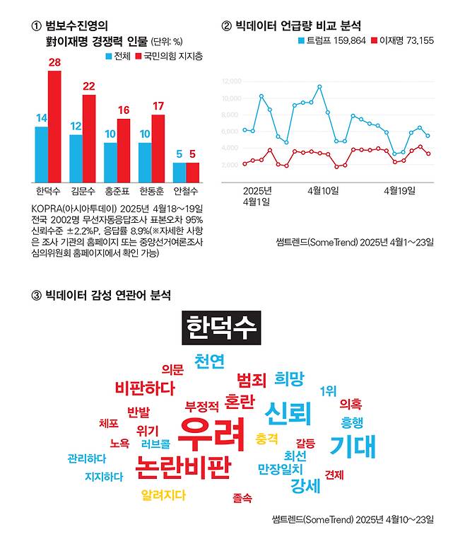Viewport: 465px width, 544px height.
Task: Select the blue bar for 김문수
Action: tap(76, 158)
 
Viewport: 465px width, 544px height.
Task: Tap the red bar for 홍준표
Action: tap(124, 151)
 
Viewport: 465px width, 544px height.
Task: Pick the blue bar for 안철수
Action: tap(179, 173)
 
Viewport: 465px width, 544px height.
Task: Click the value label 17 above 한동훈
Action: tap(158, 106)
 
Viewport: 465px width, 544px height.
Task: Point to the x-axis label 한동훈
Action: tap(151, 192)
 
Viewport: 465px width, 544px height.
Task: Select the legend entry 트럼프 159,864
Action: tap(331, 40)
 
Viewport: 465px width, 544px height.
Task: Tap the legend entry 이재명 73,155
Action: tap(404, 40)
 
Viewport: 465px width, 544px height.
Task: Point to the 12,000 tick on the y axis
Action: tap(232, 81)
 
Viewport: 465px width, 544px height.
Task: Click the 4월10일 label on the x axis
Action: tap(323, 191)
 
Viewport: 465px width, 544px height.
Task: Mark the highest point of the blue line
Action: tap(319, 87)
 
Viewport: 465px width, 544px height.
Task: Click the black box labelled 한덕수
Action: tap(221, 328)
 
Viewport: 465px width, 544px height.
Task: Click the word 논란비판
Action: tap(184, 467)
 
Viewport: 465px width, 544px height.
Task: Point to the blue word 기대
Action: tap(352, 446)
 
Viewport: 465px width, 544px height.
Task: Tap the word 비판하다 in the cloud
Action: tap(144, 388)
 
